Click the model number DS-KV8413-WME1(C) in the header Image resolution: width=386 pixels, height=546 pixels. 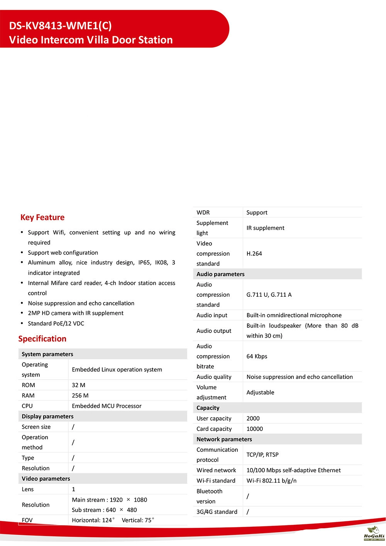tap(60, 25)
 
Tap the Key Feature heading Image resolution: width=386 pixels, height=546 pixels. tap(42, 217)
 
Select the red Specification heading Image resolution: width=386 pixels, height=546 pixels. tap(42, 338)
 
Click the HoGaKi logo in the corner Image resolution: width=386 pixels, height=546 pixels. tap(374, 533)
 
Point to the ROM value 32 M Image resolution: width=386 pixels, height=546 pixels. tap(78, 385)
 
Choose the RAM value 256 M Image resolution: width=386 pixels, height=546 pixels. tap(80, 396)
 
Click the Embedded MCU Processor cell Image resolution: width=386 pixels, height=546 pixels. tap(107, 406)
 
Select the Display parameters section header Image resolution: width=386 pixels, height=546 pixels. tap(47, 416)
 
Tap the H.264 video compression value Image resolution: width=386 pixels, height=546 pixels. tap(254, 254)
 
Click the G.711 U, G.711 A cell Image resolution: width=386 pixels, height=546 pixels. tap(269, 294)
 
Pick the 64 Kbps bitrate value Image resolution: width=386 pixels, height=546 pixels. tap(257, 356)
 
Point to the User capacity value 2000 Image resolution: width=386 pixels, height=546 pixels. tap(253, 418)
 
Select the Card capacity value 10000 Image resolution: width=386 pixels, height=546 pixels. tap(254, 429)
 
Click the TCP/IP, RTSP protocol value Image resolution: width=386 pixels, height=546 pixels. tap(262, 455)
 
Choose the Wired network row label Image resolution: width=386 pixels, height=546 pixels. tap(216, 470)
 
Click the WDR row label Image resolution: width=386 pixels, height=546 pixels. tap(203, 212)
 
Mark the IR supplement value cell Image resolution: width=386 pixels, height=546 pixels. tap(265, 228)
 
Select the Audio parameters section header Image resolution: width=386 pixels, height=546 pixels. tap(220, 274)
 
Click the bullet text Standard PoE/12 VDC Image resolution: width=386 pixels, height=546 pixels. tap(56, 323)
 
